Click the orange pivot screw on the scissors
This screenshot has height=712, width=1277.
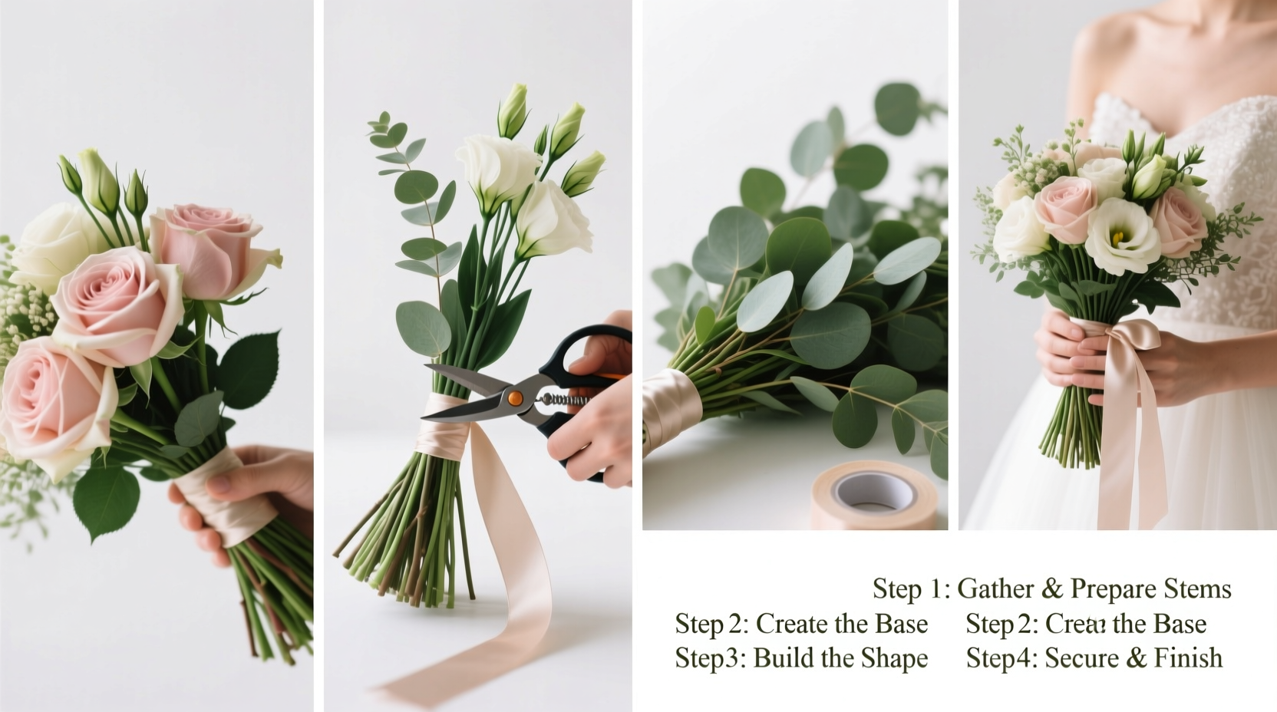click(x=515, y=397)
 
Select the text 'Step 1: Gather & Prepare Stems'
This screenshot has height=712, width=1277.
click(x=1051, y=589)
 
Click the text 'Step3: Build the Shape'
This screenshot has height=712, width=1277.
click(x=801, y=658)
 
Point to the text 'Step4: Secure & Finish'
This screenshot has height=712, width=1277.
click(x=1094, y=658)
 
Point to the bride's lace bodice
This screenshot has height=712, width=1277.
click(x=1220, y=153)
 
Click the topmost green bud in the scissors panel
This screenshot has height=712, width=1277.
click(x=513, y=107)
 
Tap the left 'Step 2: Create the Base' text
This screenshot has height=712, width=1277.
click(x=801, y=625)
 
